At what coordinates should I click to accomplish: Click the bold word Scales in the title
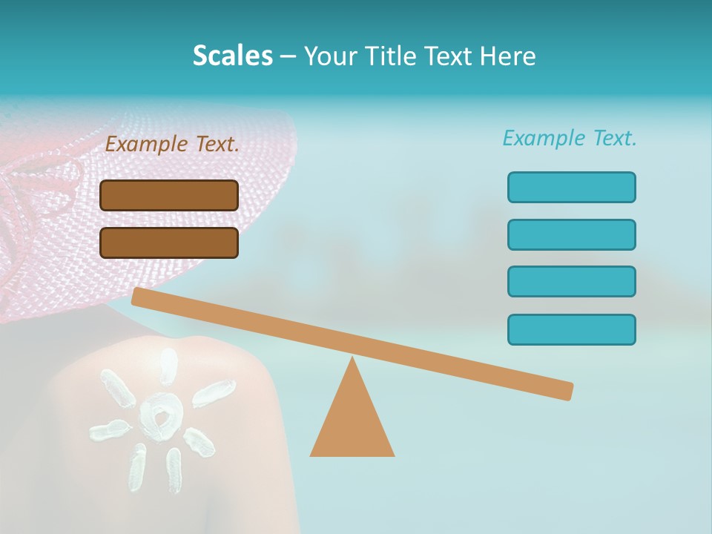232,56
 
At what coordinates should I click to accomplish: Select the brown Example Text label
172,145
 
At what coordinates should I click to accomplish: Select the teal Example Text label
570,138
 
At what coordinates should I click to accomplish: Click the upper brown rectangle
169,195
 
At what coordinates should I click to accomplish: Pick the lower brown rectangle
169,243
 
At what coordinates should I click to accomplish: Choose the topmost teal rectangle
571,187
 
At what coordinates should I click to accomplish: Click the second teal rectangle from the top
571,234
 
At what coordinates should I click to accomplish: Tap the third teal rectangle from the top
571,282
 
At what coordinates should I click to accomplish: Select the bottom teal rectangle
571,329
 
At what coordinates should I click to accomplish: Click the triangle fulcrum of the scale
352,423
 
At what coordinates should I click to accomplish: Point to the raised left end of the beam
138,296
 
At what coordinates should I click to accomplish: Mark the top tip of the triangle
352,359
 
